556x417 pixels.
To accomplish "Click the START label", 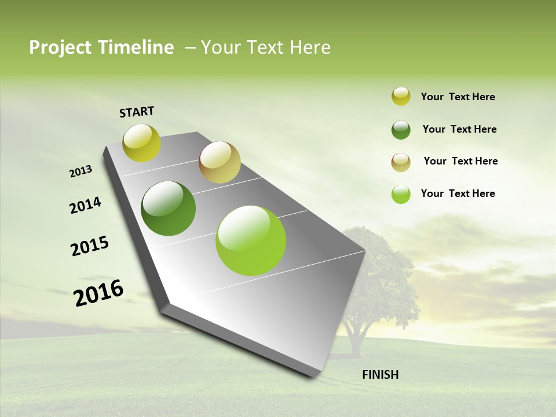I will click(x=137, y=112).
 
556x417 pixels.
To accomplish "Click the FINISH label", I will click(x=381, y=375).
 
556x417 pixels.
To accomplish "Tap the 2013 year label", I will click(x=81, y=171).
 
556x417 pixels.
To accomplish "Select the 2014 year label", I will click(x=86, y=206).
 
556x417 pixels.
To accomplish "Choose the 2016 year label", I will click(x=98, y=292).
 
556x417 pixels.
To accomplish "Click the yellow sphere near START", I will click(x=141, y=142).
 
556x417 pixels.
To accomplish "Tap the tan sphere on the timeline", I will click(x=220, y=162).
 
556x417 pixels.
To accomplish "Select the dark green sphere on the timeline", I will click(x=168, y=209).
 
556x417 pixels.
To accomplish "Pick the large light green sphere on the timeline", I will click(x=251, y=240).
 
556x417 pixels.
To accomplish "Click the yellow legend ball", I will click(x=401, y=96).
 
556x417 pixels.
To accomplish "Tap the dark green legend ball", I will click(x=401, y=130).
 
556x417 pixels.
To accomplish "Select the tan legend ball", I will click(x=401, y=162).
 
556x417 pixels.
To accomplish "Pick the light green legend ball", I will click(x=401, y=195).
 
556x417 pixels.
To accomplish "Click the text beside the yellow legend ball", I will click(x=458, y=97).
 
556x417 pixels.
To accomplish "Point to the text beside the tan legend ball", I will click(x=460, y=161).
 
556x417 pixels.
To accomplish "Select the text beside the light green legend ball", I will click(x=458, y=193).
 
